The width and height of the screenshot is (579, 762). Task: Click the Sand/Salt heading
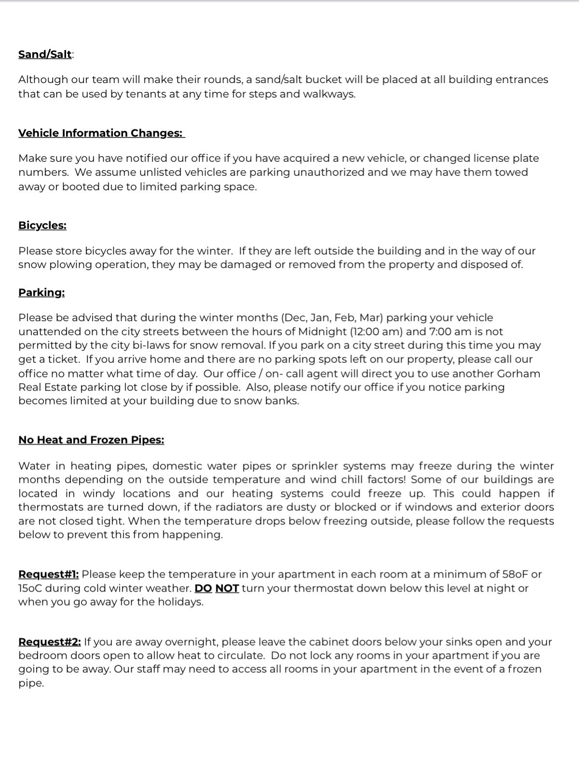45,54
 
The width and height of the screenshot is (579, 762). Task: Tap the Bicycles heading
42,226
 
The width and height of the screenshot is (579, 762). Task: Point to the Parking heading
41,293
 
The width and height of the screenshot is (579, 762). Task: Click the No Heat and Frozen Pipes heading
91,440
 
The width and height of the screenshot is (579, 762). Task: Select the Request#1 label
49,574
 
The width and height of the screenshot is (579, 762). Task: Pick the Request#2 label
50,642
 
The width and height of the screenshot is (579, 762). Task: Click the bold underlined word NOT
227,588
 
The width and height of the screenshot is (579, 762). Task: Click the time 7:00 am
450,332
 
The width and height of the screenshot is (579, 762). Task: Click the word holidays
180,602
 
